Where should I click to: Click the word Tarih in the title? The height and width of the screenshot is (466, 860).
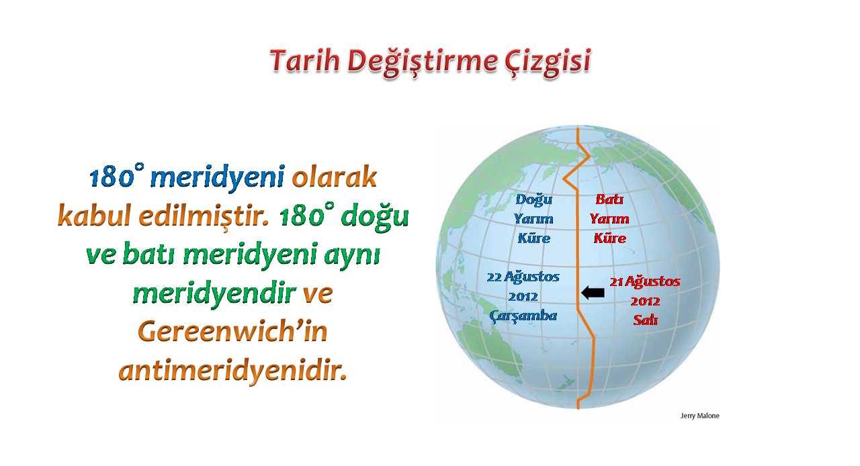tap(305, 61)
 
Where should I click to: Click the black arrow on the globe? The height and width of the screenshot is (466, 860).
tap(593, 293)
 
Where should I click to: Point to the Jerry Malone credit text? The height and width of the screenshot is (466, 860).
tap(699, 416)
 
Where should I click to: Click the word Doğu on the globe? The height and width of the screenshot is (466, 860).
tap(533, 200)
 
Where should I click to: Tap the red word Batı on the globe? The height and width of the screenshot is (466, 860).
tap(609, 199)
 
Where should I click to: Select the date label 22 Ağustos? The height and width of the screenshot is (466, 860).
tap(523, 277)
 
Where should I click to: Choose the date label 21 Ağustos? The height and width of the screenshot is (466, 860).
tap(645, 282)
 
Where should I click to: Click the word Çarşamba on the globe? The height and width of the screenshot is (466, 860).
tap(523, 316)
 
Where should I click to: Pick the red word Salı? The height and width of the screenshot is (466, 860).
tap(646, 320)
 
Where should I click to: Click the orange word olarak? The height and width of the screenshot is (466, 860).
tap(335, 177)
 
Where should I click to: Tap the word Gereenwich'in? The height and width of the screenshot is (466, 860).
tap(232, 331)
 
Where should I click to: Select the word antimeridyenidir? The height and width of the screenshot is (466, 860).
tap(232, 371)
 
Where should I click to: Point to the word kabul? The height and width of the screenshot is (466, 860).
tap(95, 215)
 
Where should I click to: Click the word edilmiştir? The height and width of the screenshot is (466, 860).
tap(204, 216)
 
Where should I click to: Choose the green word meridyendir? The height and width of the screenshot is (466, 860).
tap(214, 294)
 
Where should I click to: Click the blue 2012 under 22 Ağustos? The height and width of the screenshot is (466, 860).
tap(523, 297)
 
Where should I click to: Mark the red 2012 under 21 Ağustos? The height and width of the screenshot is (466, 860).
tap(645, 301)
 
